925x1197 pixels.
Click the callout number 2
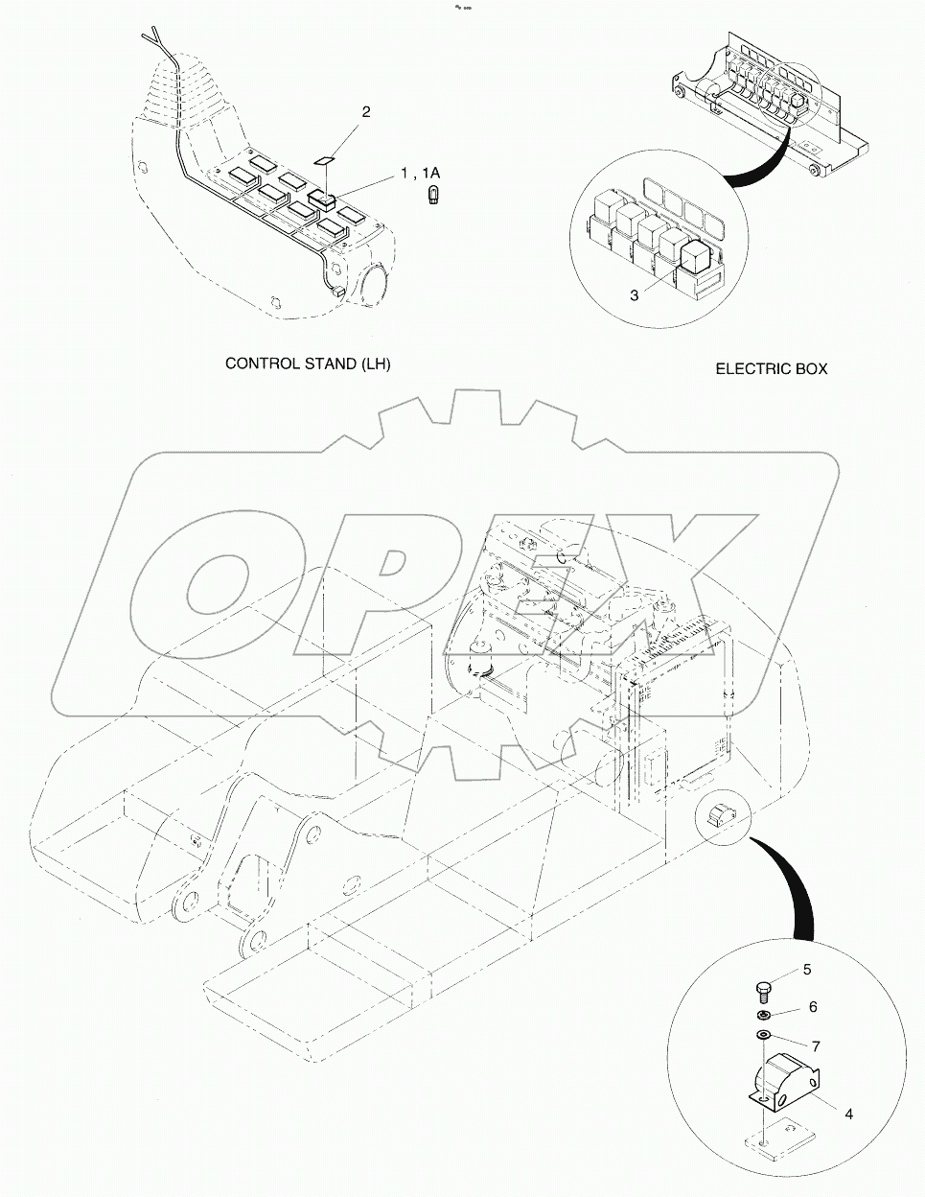(366, 112)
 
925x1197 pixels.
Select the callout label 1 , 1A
(419, 173)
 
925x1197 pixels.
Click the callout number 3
(634, 295)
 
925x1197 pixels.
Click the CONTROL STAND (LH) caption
(308, 364)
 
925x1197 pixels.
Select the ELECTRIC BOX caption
(772, 368)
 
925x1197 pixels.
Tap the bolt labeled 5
(762, 988)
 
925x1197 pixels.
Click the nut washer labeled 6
(762, 1016)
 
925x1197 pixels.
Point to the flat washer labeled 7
(763, 1036)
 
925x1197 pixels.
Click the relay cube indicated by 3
(693, 252)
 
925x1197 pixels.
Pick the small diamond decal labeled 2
(325, 160)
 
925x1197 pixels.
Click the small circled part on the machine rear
(719, 814)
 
